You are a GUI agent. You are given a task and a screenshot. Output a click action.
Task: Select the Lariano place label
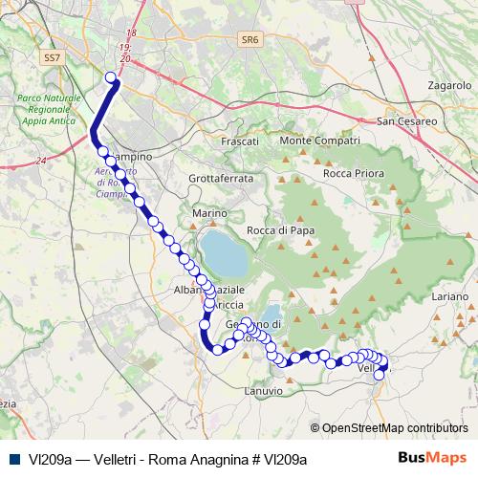point(449,298)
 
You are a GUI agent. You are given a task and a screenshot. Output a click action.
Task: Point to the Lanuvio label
point(265,390)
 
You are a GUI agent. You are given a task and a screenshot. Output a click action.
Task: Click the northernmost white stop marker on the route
point(111,78)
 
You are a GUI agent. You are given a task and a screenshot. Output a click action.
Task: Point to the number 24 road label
point(39,160)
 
